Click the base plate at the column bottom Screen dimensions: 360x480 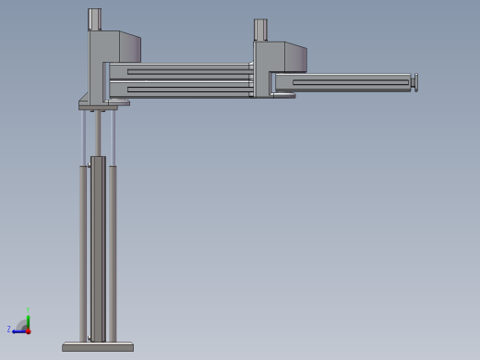[x=98, y=347]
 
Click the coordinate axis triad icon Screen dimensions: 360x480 [x=22, y=325]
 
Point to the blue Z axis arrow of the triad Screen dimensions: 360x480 [x=16, y=330]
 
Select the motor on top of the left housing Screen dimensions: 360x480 [x=95, y=19]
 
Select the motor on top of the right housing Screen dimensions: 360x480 [x=260, y=30]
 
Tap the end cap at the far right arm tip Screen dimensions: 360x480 [x=414, y=82]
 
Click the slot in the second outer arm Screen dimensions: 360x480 [x=351, y=82]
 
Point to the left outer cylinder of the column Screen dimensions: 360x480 [x=83, y=249]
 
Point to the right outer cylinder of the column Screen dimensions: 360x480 [x=113, y=249]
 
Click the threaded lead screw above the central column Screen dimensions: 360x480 [x=98, y=134]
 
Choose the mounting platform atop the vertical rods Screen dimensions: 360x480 [x=102, y=105]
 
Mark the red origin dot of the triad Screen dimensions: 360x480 [x=28, y=330]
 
